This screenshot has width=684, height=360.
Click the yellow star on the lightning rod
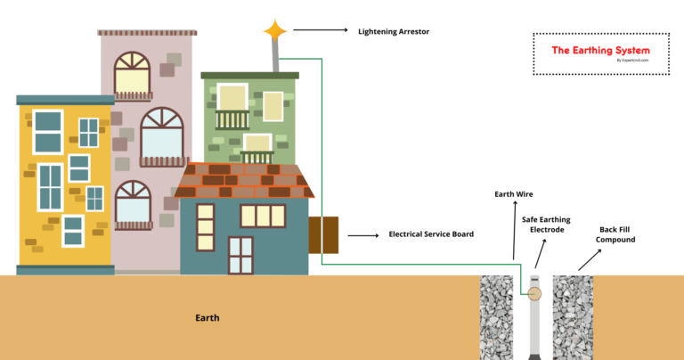[x=275, y=30]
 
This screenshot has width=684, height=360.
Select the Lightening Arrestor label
[x=394, y=31]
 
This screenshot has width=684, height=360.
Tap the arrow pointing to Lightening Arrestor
[x=320, y=30]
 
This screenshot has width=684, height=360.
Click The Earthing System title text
[x=600, y=51]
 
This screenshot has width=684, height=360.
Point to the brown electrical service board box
[x=323, y=235]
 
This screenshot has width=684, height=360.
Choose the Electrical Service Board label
[x=431, y=234]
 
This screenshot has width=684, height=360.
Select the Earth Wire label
[x=514, y=193]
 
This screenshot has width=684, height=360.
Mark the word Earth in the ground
[x=208, y=317]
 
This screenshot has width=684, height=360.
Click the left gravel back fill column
[x=497, y=317]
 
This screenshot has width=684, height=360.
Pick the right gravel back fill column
[x=574, y=317]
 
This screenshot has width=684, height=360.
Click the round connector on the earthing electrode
[x=534, y=293]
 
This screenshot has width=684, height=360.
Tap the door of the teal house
[x=240, y=254]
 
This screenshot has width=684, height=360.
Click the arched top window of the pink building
[x=132, y=73]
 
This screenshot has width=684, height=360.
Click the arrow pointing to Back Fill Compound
[x=589, y=259]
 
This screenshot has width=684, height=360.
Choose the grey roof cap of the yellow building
[x=65, y=100]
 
